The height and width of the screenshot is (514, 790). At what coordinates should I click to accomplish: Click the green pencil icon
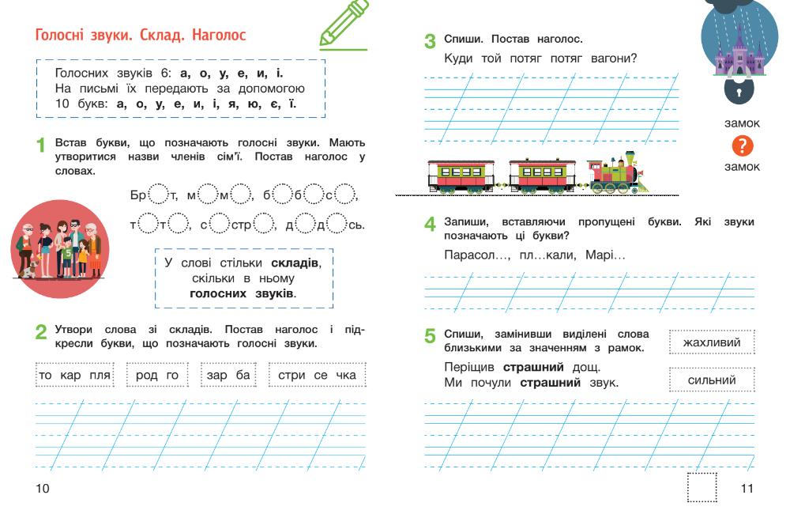(344, 25)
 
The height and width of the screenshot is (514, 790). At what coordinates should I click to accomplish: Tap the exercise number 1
(41, 146)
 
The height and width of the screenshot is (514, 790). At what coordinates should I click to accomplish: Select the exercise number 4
(430, 224)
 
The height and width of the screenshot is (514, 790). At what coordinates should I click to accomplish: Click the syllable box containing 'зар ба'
(228, 375)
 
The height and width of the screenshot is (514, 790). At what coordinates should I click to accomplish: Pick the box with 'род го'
(157, 375)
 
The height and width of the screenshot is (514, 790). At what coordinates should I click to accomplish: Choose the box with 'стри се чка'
(318, 375)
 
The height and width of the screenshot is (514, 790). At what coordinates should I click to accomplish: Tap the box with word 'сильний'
(711, 380)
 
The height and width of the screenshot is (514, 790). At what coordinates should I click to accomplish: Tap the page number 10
(42, 489)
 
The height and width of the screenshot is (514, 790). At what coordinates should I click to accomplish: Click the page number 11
(747, 489)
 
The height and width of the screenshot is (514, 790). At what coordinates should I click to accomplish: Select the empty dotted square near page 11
(702, 487)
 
